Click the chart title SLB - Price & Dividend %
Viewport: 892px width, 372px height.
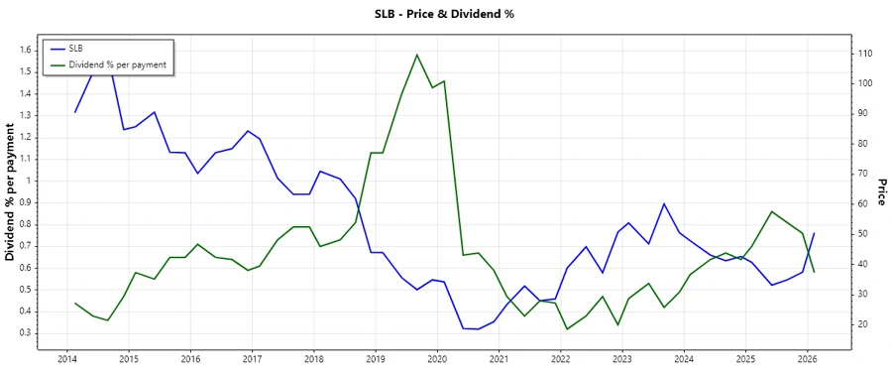(x=444, y=14)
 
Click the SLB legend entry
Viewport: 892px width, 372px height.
(x=76, y=49)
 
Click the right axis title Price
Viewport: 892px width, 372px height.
(x=880, y=191)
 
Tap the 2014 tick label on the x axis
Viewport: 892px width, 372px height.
(x=67, y=359)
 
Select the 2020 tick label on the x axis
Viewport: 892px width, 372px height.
(x=437, y=359)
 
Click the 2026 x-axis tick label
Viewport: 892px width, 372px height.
(x=807, y=359)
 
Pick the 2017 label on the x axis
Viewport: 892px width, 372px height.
(x=252, y=359)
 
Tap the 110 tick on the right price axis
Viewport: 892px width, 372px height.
(x=865, y=53)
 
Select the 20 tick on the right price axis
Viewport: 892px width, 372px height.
(x=863, y=324)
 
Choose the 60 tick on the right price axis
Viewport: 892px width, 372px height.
(x=863, y=203)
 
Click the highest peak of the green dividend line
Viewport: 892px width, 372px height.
(x=416, y=55)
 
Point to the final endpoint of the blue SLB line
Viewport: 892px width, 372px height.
(x=814, y=234)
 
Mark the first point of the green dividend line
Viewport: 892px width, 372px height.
(x=75, y=304)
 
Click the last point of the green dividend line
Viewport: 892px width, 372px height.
(x=814, y=272)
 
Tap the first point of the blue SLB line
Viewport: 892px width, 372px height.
(x=75, y=112)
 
